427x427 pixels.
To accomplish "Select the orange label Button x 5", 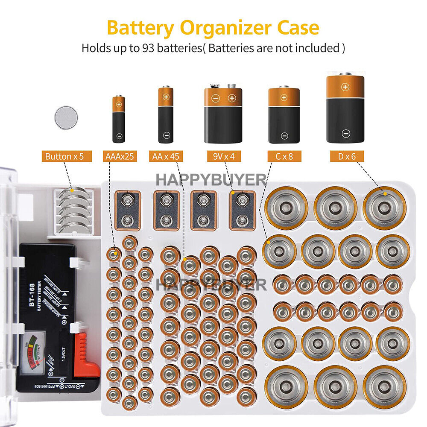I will (67, 156).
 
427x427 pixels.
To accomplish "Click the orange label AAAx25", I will (119, 156).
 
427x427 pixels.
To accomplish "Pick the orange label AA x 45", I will (166, 156).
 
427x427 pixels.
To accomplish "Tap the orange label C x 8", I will (284, 156).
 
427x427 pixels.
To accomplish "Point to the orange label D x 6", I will (346, 156).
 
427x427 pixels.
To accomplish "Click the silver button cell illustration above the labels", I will (67, 118).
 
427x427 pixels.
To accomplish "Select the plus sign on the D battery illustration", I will (345, 87).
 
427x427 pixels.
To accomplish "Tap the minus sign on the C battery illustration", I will (284, 136).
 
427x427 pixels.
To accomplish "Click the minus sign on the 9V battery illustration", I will (216, 99).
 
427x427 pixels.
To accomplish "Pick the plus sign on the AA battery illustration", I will (166, 97).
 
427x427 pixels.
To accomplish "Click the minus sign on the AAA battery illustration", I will (119, 136).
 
